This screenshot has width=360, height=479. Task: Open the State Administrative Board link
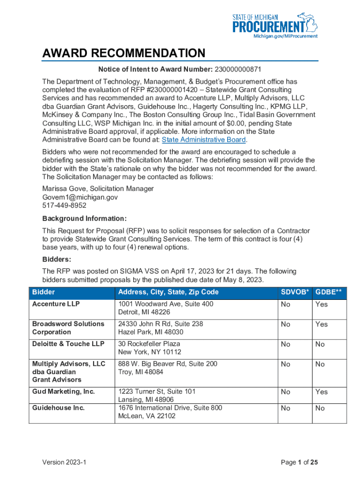203,140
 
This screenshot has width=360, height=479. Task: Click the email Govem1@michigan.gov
80,197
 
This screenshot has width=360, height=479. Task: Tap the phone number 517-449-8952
65,205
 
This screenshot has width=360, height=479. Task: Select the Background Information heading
85,218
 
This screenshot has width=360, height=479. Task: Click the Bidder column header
43,292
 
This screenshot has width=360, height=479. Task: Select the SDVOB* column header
295,292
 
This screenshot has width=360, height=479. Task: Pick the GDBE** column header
329,292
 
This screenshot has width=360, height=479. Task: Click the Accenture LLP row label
56,304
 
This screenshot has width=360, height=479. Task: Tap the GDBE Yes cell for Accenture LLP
322,305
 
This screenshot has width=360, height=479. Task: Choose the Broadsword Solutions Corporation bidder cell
68,328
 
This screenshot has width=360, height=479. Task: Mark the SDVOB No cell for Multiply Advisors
285,364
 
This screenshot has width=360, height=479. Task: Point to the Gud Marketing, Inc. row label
63,392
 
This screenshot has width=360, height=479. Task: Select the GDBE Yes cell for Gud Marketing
322,392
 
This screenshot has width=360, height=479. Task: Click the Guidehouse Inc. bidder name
58,408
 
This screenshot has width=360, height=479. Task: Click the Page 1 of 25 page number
299,463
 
